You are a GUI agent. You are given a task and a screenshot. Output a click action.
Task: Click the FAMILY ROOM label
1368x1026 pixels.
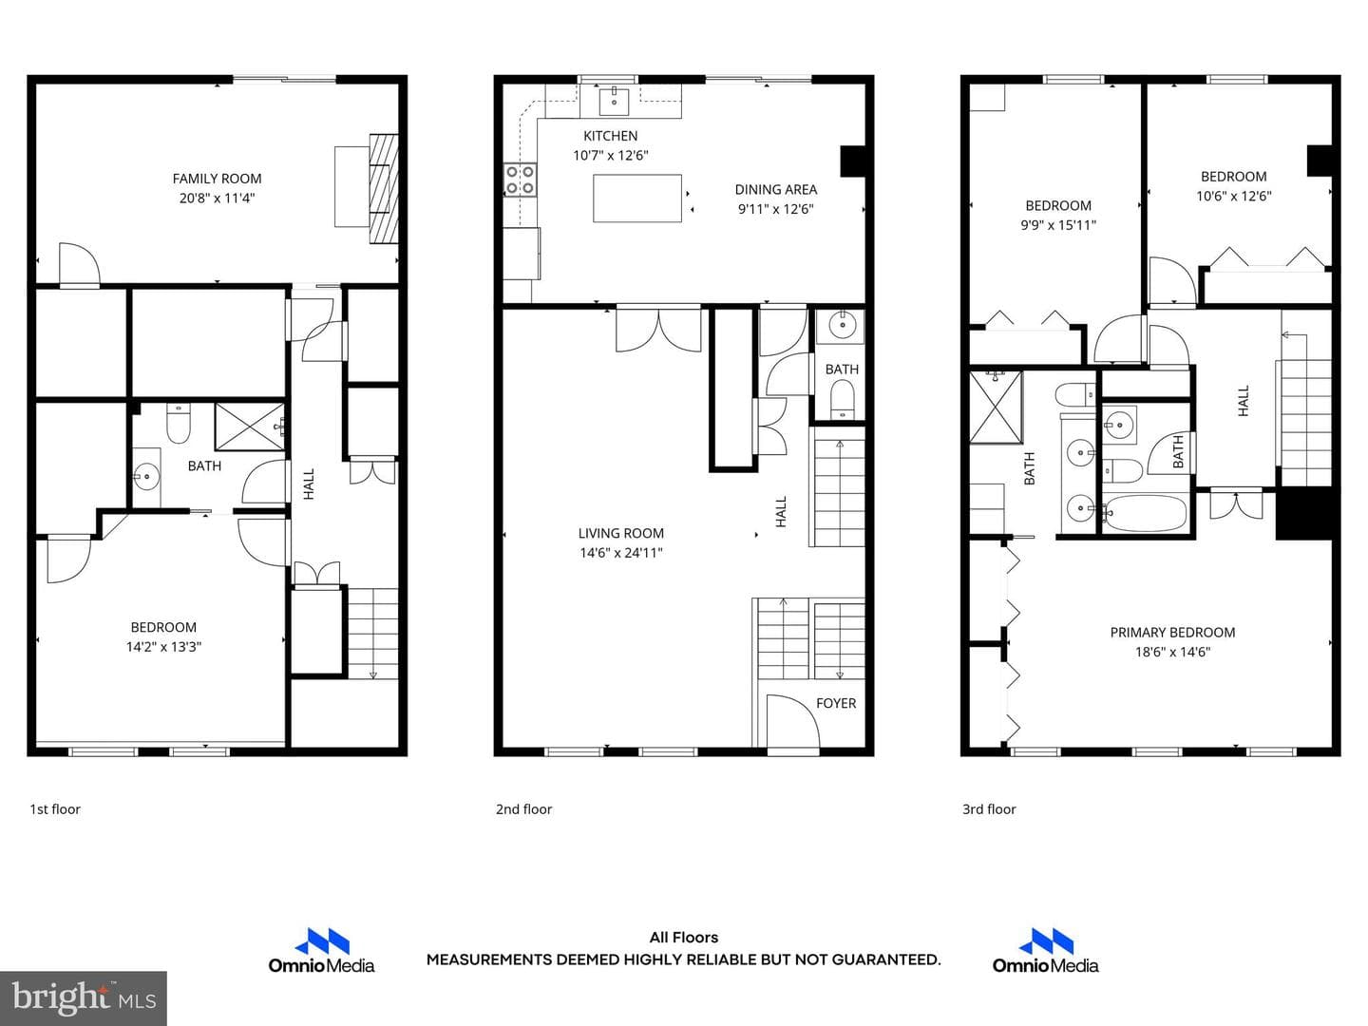(x=217, y=179)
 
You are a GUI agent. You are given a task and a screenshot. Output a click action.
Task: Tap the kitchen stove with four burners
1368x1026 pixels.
(x=520, y=180)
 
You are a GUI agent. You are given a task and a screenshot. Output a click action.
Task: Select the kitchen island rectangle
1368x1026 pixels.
(x=636, y=199)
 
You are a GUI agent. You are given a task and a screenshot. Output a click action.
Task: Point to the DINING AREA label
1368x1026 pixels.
(x=776, y=189)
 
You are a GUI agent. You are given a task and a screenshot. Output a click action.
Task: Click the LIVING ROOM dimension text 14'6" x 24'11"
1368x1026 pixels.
(x=620, y=553)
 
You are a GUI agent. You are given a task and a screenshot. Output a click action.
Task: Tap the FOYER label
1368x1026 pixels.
(x=836, y=703)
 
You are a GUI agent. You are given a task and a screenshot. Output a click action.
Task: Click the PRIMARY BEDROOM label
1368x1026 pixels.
(x=1172, y=633)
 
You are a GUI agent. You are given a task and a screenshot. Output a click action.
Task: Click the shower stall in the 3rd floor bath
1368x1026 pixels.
(x=996, y=408)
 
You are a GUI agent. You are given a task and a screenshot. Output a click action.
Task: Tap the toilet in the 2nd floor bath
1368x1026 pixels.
(x=842, y=399)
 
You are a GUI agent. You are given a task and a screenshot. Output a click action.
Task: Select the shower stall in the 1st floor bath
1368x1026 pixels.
(x=249, y=427)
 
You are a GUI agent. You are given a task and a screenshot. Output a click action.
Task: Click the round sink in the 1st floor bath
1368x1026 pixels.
(x=146, y=478)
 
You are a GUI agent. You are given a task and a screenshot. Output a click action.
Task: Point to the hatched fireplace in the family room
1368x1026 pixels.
(x=383, y=188)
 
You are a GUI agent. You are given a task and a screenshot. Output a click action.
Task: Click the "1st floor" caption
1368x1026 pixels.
(x=55, y=809)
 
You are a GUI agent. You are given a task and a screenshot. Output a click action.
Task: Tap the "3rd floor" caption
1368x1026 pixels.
(x=989, y=809)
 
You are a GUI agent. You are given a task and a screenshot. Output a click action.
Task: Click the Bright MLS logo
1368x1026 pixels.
(x=84, y=997)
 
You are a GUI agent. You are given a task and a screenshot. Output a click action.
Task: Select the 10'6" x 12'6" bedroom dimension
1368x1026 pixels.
(x=1233, y=197)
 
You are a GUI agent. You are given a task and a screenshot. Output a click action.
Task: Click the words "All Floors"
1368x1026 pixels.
(x=684, y=938)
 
